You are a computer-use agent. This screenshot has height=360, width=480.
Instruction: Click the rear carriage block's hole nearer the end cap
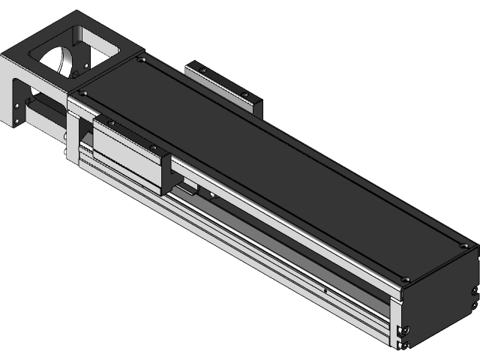click(244, 94)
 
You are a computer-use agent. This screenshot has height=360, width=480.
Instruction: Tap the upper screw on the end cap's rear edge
click(474, 291)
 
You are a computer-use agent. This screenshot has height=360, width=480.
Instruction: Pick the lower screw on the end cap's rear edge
click(474, 305)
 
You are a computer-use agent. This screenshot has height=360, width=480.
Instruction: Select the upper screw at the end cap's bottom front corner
click(404, 330)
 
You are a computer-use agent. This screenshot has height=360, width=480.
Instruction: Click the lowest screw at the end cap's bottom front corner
click(404, 344)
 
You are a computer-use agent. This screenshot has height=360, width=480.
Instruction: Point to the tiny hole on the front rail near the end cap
click(325, 288)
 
